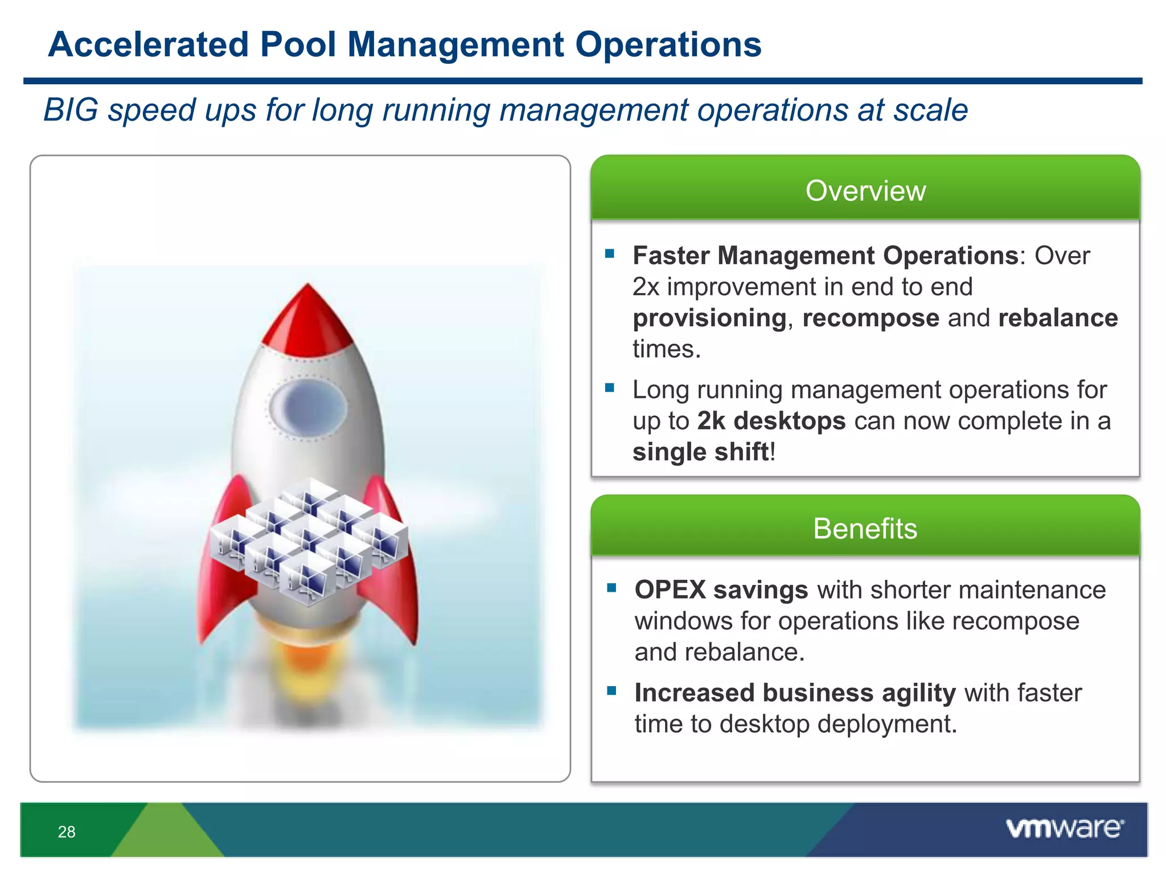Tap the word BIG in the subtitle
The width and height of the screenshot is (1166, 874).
[x=71, y=110]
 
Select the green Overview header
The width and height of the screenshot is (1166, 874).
[x=865, y=190]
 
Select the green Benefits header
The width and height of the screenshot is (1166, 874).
[x=865, y=528]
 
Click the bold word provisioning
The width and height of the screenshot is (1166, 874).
[x=709, y=318]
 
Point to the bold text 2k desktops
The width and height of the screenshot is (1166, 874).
[x=771, y=421]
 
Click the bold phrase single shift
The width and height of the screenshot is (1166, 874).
[x=700, y=452]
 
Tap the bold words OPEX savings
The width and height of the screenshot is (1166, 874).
[x=721, y=590]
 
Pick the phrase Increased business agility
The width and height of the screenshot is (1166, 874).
[x=795, y=693]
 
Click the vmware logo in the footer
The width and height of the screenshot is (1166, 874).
[x=1065, y=828]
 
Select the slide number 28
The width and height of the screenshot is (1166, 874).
[x=67, y=832]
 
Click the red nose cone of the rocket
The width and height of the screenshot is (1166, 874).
[x=308, y=319]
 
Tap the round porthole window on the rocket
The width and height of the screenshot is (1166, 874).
[x=308, y=407]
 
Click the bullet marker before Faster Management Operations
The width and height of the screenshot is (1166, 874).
[x=610, y=254]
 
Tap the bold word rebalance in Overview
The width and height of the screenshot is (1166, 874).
[x=1058, y=318]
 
